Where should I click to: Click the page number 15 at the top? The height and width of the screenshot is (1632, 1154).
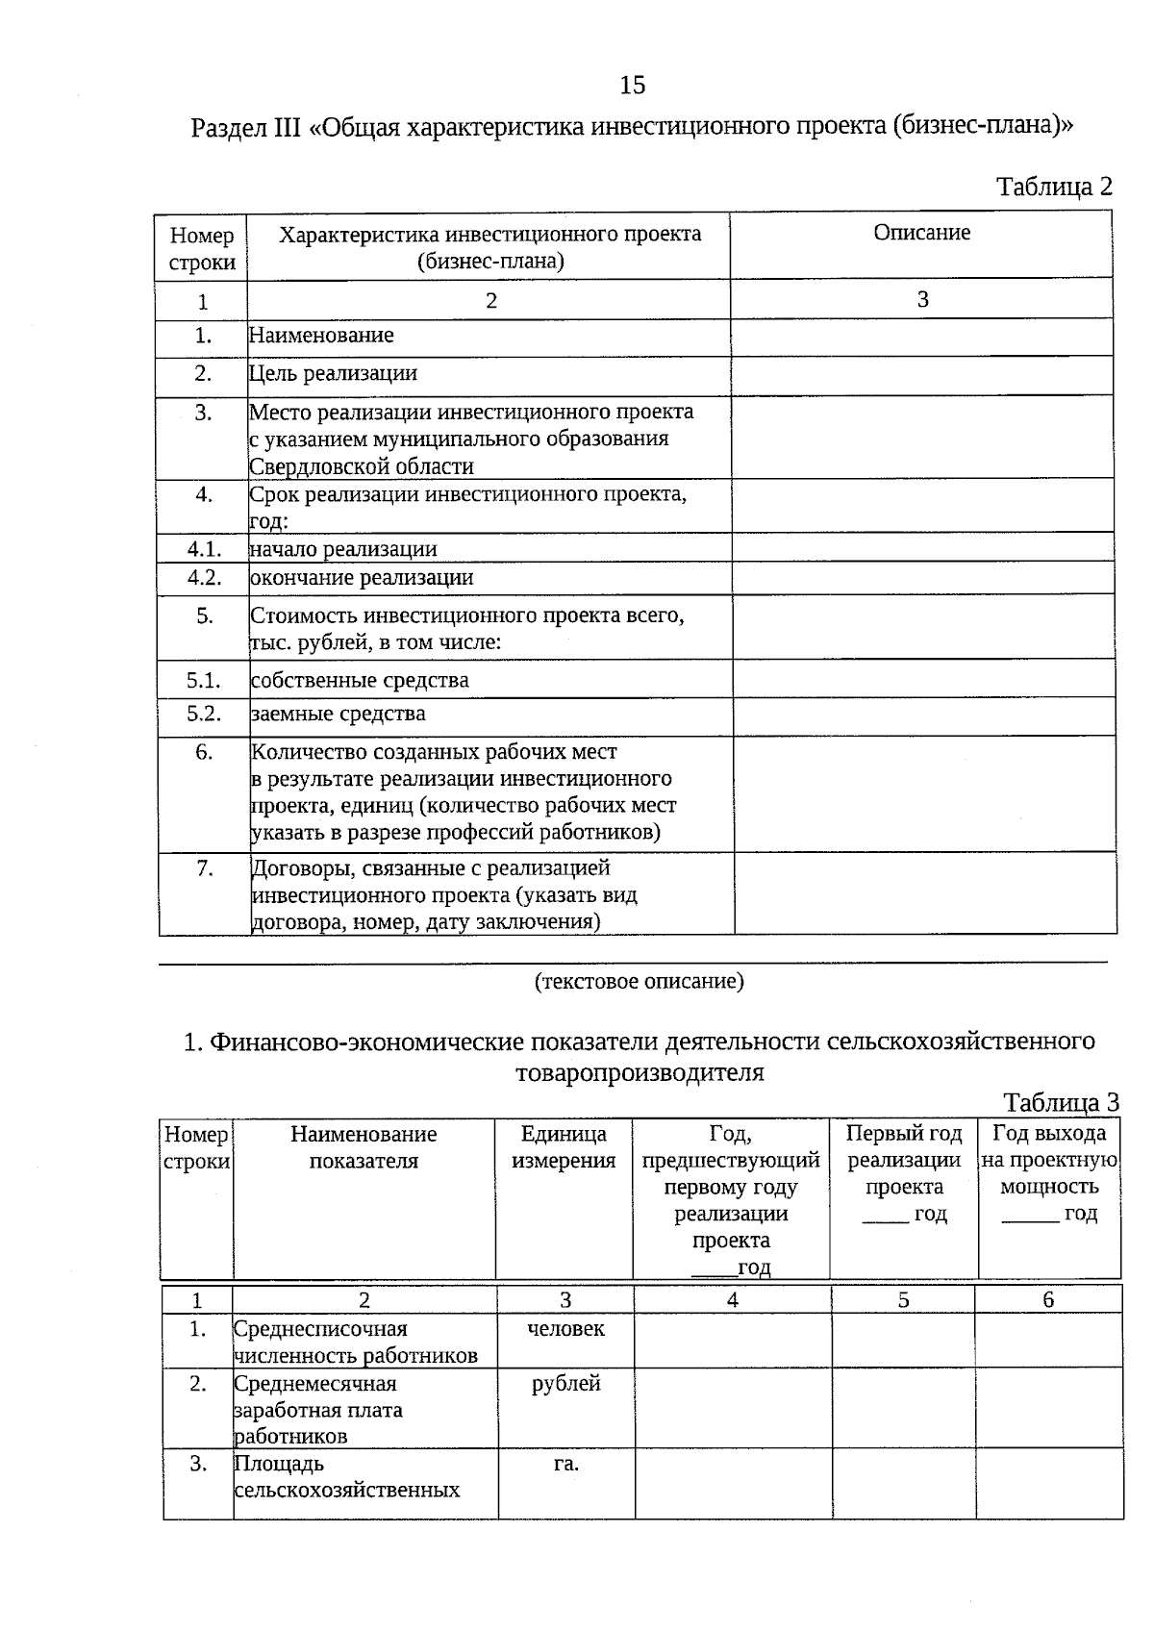pyautogui.click(x=633, y=86)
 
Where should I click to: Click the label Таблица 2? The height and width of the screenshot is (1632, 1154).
pyautogui.click(x=1054, y=187)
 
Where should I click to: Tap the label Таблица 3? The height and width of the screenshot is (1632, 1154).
pyautogui.click(x=1061, y=1103)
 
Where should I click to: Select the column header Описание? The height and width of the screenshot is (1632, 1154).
pyautogui.click(x=921, y=233)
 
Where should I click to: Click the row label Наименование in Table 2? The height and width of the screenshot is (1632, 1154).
pyautogui.click(x=321, y=336)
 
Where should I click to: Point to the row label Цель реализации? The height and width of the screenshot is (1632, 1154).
pyautogui.click(x=333, y=373)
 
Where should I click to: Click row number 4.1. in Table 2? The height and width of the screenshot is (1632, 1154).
pyautogui.click(x=204, y=549)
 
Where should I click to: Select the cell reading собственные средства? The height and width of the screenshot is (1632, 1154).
pyautogui.click(x=360, y=681)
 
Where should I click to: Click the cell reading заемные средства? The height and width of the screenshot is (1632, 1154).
pyautogui.click(x=338, y=714)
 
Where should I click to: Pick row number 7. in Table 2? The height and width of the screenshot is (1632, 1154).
pyautogui.click(x=204, y=867)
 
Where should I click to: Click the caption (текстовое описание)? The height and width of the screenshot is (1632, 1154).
pyautogui.click(x=639, y=981)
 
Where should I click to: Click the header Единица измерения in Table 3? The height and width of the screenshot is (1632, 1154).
pyautogui.click(x=564, y=1147)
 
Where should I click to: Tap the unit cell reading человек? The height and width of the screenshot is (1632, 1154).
pyautogui.click(x=565, y=1328)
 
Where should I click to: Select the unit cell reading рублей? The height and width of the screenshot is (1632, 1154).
pyautogui.click(x=565, y=1383)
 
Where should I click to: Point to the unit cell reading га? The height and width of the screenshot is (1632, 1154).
pyautogui.click(x=565, y=1464)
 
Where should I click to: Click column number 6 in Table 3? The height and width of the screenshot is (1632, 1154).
pyautogui.click(x=1048, y=1300)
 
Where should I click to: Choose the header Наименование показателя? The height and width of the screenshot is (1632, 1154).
pyautogui.click(x=364, y=1147)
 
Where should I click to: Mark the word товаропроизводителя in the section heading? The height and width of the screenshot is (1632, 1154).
pyautogui.click(x=640, y=1073)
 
